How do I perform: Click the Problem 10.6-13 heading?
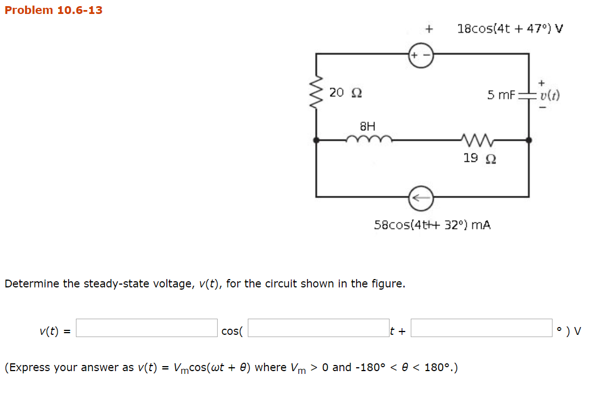[54, 10]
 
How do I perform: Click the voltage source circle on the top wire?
[421, 56]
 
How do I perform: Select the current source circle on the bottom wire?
[421, 196]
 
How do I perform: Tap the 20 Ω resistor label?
[345, 92]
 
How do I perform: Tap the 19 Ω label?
[479, 158]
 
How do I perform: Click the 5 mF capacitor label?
[501, 95]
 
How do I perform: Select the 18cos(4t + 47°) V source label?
[510, 28]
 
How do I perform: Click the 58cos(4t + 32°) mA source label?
[432, 225]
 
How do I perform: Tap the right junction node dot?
[529, 141]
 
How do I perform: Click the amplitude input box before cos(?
[147, 328]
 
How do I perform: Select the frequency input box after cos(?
[319, 328]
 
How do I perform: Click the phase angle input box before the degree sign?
[482, 328]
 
